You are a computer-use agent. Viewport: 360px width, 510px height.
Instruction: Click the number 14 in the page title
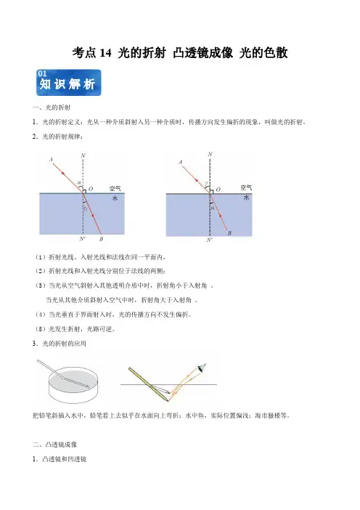105,53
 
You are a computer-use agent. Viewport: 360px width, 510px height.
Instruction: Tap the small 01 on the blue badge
42,74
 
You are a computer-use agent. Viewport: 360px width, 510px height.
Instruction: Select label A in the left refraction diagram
51,160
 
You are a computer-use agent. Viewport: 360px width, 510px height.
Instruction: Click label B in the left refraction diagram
101,239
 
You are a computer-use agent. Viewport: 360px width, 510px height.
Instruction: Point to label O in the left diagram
91,189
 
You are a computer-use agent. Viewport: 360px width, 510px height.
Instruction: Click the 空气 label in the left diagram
115,188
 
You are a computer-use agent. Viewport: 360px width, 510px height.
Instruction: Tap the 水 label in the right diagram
247,198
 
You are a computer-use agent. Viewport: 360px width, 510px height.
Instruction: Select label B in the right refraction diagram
229,233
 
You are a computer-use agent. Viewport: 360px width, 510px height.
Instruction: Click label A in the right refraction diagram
181,162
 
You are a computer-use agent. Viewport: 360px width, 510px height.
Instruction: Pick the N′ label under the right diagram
210,240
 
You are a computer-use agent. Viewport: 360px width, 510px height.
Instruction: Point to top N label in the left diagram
83,155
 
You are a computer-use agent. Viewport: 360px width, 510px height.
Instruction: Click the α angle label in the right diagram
213,208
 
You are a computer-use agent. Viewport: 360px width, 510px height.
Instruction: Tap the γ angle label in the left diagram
85,209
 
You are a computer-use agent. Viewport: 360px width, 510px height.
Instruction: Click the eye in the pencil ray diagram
202,368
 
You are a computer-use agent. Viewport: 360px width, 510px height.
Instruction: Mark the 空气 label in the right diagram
246,187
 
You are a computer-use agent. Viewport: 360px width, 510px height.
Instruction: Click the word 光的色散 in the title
263,53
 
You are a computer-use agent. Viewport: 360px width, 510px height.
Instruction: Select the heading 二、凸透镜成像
54,445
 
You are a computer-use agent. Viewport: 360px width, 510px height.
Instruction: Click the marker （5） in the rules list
41,329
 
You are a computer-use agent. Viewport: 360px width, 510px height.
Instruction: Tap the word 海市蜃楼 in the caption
267,416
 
